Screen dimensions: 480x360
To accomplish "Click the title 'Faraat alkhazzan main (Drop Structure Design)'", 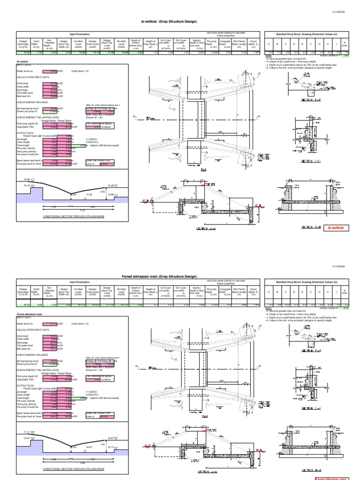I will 169,277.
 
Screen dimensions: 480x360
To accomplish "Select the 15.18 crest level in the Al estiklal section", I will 21,185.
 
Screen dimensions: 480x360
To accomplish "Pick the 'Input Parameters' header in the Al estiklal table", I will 79,34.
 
